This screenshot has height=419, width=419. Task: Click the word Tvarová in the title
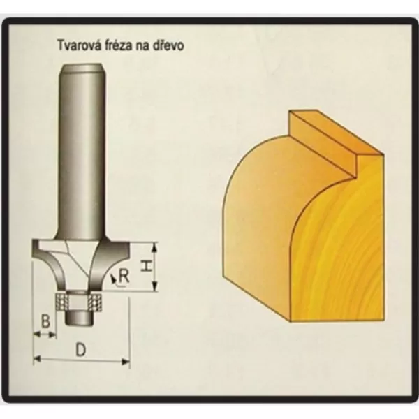(x=78, y=45)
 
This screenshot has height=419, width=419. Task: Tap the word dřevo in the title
(x=168, y=45)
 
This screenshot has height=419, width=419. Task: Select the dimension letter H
(x=146, y=267)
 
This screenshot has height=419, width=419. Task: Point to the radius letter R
(x=124, y=277)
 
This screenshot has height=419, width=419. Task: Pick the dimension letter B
(x=45, y=321)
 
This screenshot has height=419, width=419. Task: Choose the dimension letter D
(x=81, y=350)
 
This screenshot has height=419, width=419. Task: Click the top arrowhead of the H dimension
(x=154, y=247)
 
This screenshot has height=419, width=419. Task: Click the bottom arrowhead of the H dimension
(x=154, y=286)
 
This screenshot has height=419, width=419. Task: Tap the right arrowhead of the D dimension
(x=126, y=362)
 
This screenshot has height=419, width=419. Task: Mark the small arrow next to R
(x=113, y=279)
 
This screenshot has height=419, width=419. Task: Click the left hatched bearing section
(x=61, y=302)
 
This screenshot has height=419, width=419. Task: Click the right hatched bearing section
(x=96, y=302)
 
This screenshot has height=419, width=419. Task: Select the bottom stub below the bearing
(x=80, y=318)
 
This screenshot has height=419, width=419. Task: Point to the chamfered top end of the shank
(x=82, y=68)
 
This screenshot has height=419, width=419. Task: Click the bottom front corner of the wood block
(x=291, y=321)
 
